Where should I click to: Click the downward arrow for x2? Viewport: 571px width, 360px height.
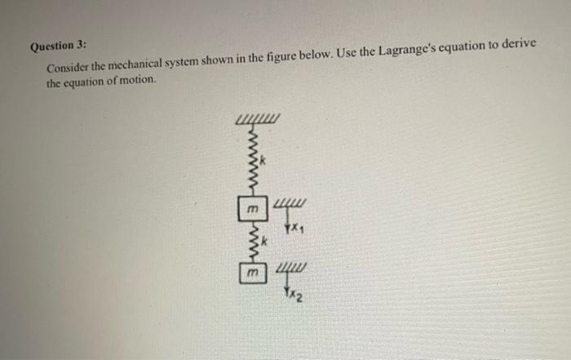pyautogui.click(x=288, y=286)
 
